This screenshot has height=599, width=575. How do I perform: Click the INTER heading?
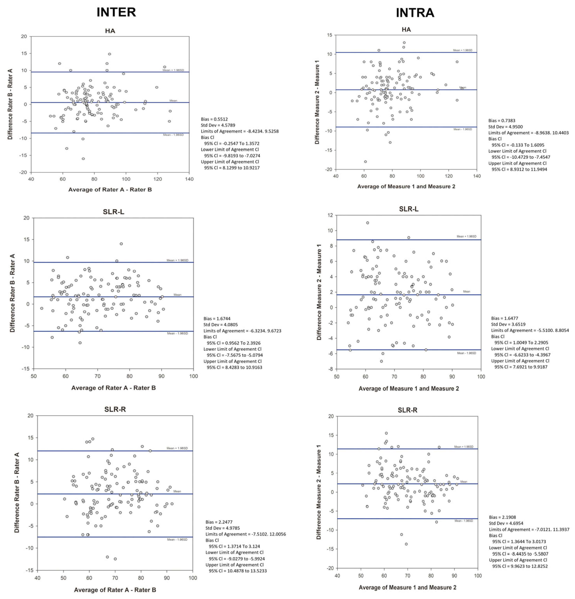tap(116, 12)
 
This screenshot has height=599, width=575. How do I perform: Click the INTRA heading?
tap(415, 13)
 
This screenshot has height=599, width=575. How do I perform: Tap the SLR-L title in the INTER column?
tap(113, 212)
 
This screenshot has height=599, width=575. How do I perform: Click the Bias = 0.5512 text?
tap(214, 119)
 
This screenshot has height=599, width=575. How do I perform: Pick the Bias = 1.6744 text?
tap(217, 318)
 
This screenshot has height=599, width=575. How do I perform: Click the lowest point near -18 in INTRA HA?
tap(365, 162)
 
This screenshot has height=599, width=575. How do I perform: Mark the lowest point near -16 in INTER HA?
tap(83, 159)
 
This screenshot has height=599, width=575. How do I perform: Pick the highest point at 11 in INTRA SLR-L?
tap(368, 223)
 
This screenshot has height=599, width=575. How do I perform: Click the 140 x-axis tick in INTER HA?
tap(189, 179)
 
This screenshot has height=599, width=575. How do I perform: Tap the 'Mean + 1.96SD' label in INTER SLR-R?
tap(177, 448)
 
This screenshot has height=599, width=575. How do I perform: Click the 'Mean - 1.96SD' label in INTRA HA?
tap(463, 129)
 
